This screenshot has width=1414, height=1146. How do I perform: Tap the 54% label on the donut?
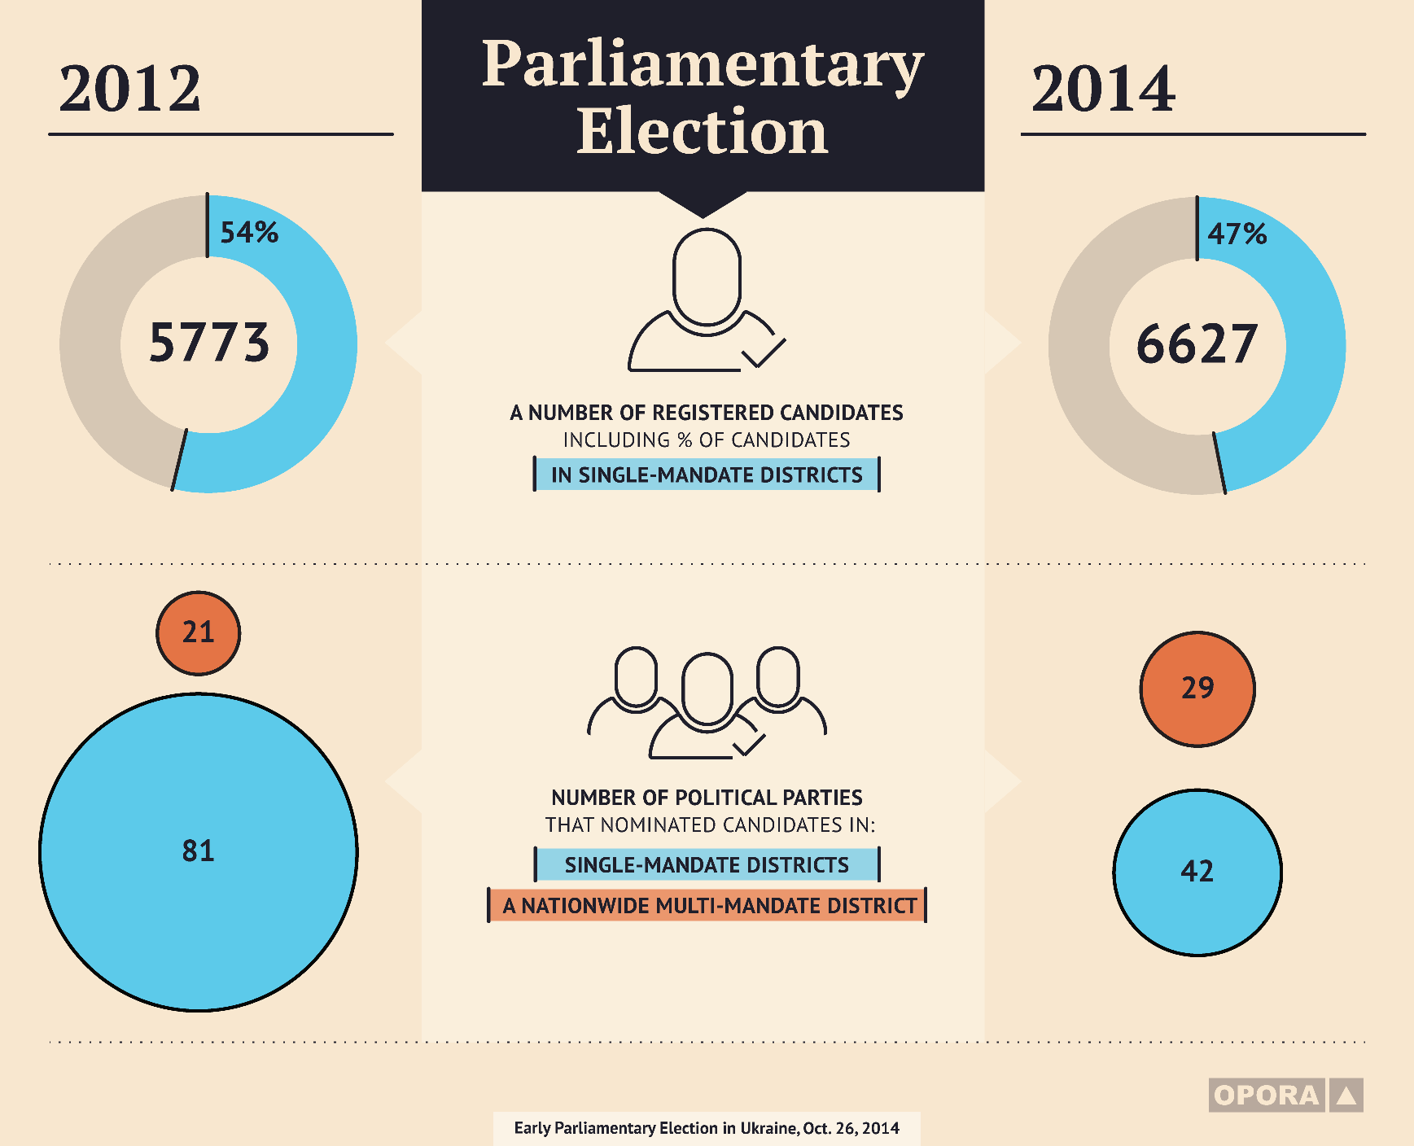[249, 233]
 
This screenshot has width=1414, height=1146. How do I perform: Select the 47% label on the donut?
[1237, 234]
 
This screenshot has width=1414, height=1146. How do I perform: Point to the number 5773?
[209, 343]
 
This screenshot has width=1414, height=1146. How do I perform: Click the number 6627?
[1197, 344]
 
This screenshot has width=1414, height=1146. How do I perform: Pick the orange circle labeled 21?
[198, 632]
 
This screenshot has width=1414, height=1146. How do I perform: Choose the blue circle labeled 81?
[198, 852]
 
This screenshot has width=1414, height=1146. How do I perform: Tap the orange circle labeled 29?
[1197, 689]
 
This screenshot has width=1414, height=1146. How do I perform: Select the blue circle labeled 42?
[1197, 872]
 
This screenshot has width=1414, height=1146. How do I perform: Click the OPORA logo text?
[1267, 1096]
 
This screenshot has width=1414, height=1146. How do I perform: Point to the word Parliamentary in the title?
[703, 65]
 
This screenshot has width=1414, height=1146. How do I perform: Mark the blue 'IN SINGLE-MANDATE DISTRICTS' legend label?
[707, 475]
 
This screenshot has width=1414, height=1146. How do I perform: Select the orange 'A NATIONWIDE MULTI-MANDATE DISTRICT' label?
[707, 905]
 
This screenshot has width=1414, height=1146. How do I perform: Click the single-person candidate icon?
[706, 300]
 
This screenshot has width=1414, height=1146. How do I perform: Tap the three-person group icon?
[707, 702]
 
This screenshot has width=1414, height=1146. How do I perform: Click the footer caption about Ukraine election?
[707, 1128]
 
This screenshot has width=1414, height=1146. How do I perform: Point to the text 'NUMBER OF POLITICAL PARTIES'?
[707, 798]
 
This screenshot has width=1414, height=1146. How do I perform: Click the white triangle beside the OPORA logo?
[1346, 1096]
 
